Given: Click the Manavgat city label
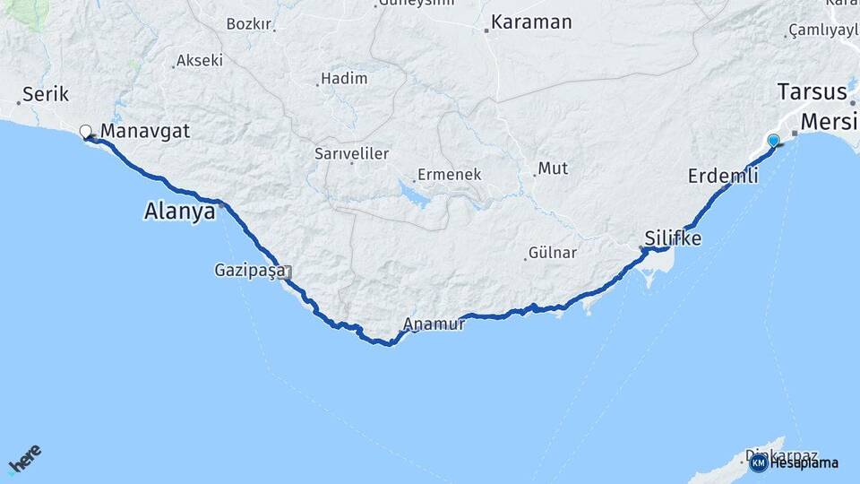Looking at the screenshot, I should [145, 132].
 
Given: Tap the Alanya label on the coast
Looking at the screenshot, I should [180, 212].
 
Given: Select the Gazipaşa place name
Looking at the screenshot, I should [249, 269].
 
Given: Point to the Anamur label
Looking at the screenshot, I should [434, 324].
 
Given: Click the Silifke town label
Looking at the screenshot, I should [673, 239].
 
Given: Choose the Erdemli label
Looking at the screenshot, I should [723, 177].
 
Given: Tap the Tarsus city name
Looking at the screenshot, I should [812, 91].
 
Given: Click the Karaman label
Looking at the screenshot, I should [532, 22].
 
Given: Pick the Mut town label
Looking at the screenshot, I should [553, 169].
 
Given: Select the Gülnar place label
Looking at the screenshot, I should [553, 253].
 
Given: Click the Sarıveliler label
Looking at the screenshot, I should [351, 153].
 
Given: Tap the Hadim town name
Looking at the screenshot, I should [344, 79].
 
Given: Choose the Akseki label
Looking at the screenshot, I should [199, 61].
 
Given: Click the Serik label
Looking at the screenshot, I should [45, 93].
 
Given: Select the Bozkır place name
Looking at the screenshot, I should [248, 23].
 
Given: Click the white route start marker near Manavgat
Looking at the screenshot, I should [86, 132].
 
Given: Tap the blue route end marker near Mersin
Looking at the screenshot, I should [773, 140].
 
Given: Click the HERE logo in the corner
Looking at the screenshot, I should [24, 459].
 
